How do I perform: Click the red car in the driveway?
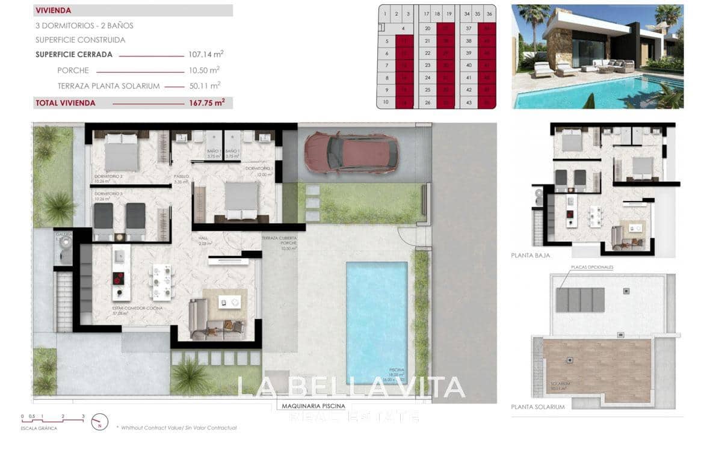coord(351,152)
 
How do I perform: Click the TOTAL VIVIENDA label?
coord(66,103)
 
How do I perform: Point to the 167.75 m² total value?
coord(206,103)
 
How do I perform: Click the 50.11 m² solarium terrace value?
coord(205,86)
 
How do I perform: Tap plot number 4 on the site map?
coord(403,28)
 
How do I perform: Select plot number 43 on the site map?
coord(468,102)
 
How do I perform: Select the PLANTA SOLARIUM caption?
coord(538,407)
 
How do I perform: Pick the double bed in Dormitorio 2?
coord(122,152)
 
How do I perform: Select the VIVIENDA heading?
coord(54,10)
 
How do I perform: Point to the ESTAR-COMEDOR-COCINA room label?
coord(137,308)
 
